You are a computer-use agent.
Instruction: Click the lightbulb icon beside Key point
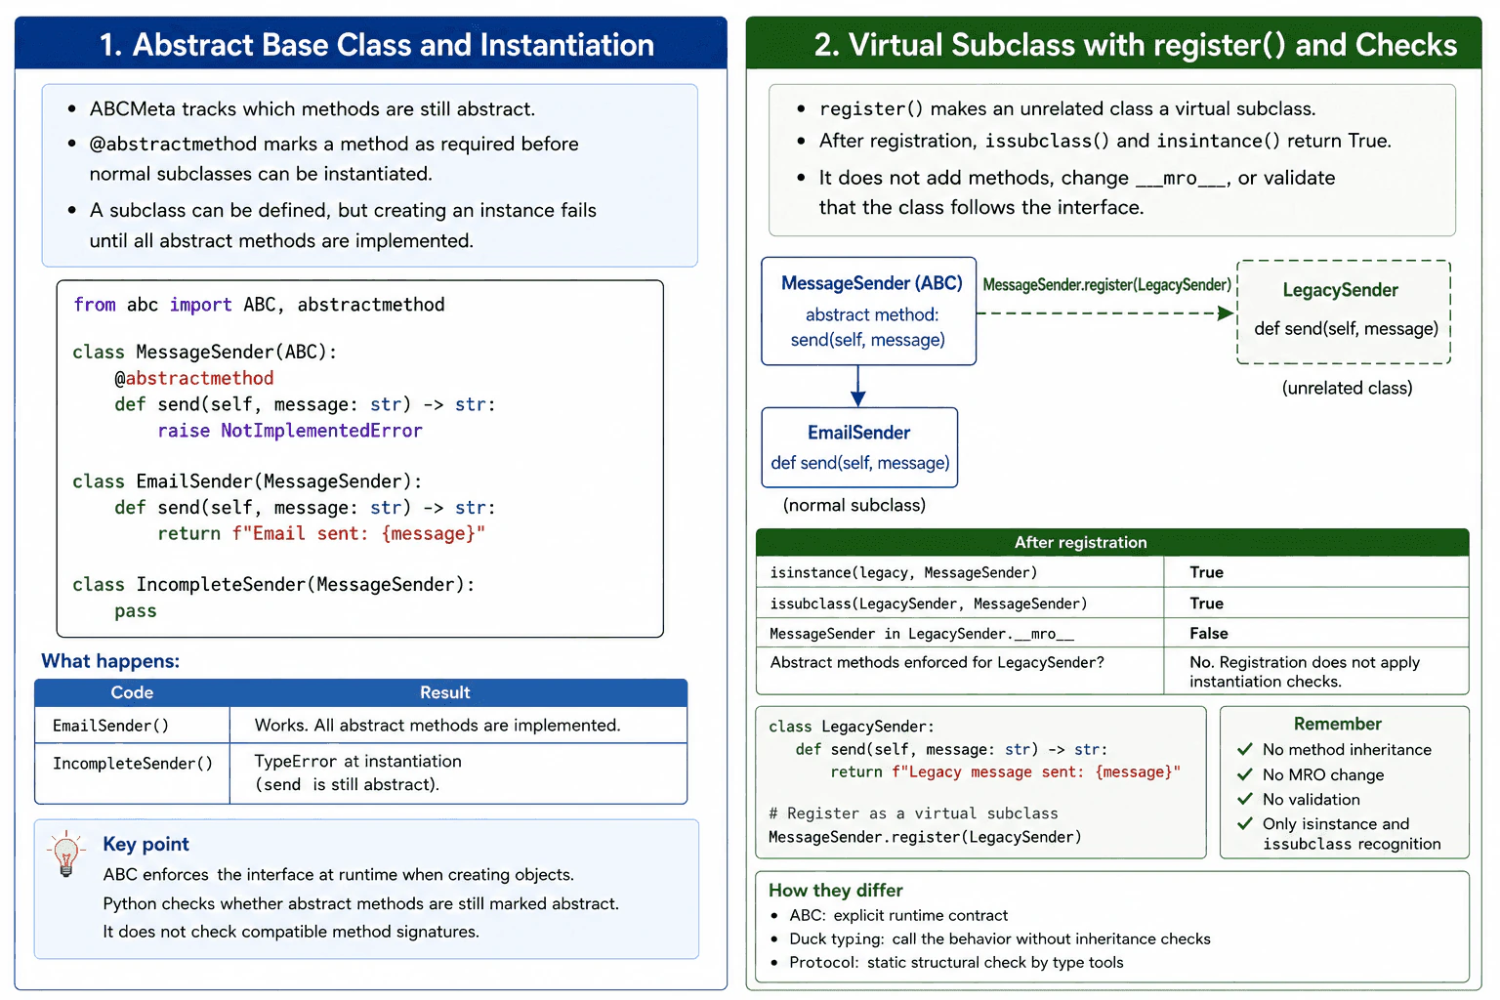[x=65, y=854]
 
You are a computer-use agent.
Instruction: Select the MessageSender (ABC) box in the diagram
[x=868, y=311]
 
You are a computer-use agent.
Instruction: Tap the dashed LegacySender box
[x=1344, y=312]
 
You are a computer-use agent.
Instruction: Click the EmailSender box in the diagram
[x=859, y=447]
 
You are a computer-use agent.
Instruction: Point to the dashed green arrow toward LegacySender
[x=1105, y=312]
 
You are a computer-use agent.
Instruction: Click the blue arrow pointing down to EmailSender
[x=857, y=386]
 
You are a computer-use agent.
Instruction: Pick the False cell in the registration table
[x=1209, y=633]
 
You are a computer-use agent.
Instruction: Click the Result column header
[x=444, y=692]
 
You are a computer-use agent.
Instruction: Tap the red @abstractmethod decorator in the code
[x=194, y=379]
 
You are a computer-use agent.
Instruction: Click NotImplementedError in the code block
[x=321, y=431]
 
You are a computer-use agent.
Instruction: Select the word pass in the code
[x=136, y=611]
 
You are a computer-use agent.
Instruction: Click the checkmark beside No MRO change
[x=1245, y=774]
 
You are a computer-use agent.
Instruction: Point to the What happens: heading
[x=110, y=661]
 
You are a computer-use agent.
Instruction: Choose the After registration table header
[x=1080, y=542]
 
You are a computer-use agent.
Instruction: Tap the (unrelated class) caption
[x=1347, y=388]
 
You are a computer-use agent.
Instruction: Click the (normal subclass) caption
[x=854, y=505]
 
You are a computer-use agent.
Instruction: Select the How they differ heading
[x=836, y=891]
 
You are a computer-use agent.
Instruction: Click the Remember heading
[x=1337, y=724]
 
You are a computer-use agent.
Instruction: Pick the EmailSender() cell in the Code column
[x=110, y=726]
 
